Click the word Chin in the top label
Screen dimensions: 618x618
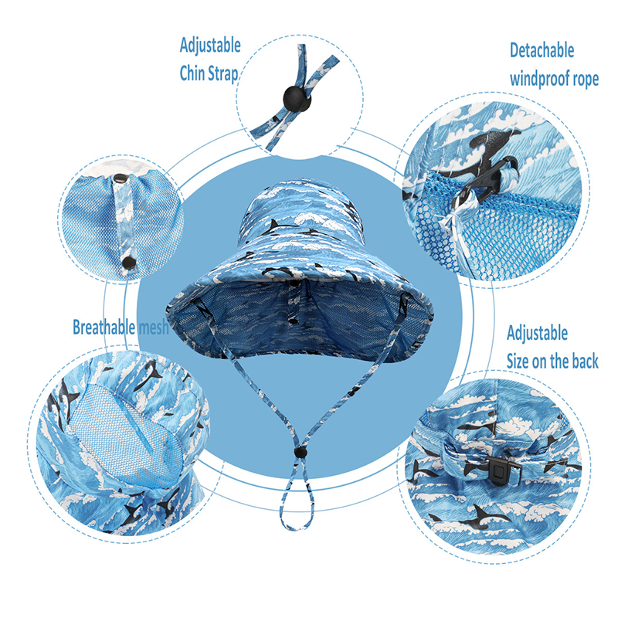coord(192,73)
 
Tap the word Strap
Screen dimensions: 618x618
coord(222,74)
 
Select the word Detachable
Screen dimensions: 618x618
coord(542,50)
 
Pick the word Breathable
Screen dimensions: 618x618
coord(104,327)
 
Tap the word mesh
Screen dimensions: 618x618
coord(154,328)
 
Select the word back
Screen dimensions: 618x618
coord(585,361)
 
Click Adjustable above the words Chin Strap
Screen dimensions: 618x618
coord(210,46)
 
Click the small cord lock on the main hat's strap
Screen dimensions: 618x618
coord(301,453)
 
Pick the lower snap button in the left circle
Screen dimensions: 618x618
coord(127,261)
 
